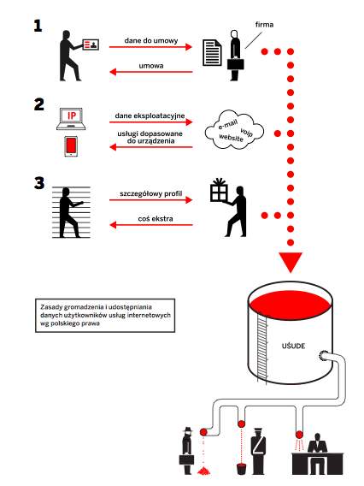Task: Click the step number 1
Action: (38, 26)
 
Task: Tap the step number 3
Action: (39, 183)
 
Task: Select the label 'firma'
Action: (264, 25)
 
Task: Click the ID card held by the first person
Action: (91, 44)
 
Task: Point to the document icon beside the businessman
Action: (212, 53)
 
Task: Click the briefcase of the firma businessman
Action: (236, 63)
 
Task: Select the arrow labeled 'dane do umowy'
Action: (150, 47)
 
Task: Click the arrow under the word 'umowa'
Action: (151, 72)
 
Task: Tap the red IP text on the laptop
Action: (72, 116)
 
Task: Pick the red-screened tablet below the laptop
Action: (71, 146)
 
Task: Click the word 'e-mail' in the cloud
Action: (228, 124)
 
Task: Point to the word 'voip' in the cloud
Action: (247, 133)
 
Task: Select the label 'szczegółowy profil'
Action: (151, 193)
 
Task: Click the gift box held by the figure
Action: (219, 190)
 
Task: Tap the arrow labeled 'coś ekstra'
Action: (151, 225)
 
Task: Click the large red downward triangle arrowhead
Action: (291, 261)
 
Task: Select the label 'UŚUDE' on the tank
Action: (293, 346)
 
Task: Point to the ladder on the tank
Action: (261, 347)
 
